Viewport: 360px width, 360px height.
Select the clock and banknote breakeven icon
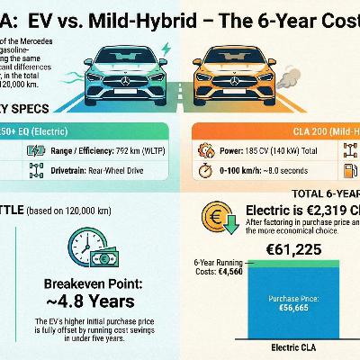click(90, 244)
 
